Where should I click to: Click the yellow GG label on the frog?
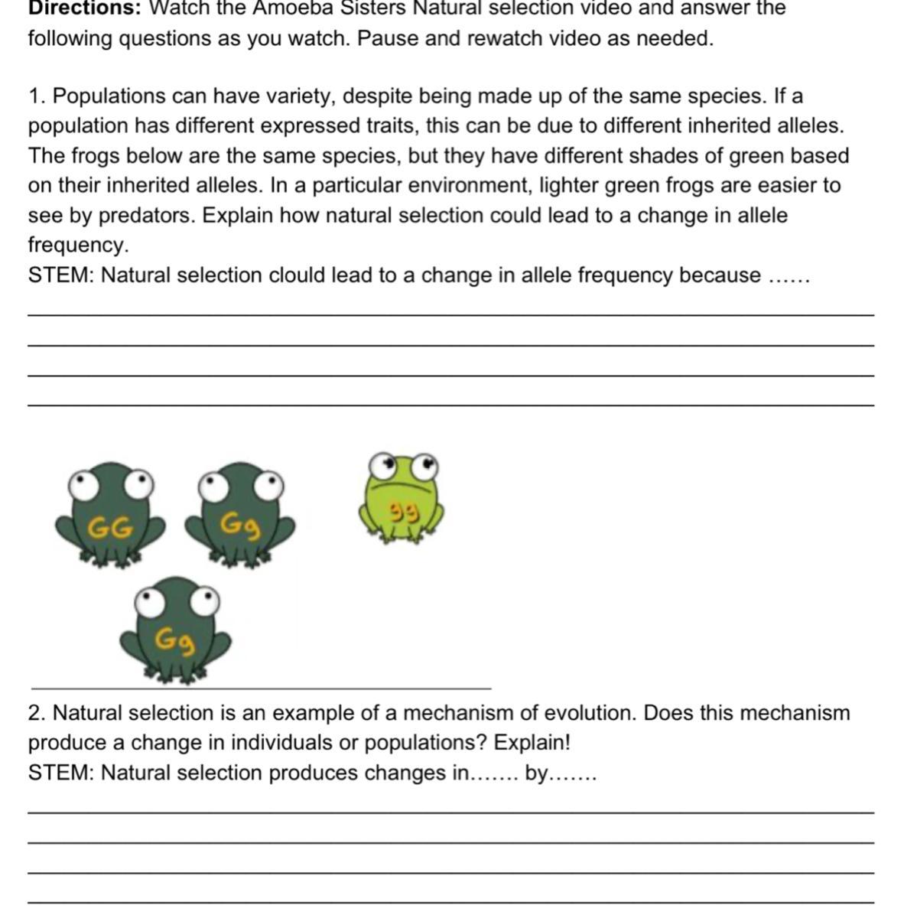point(110,528)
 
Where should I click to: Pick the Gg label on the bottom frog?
point(175,640)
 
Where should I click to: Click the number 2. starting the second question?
point(37,714)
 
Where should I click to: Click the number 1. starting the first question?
point(37,96)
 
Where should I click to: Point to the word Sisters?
point(368,8)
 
